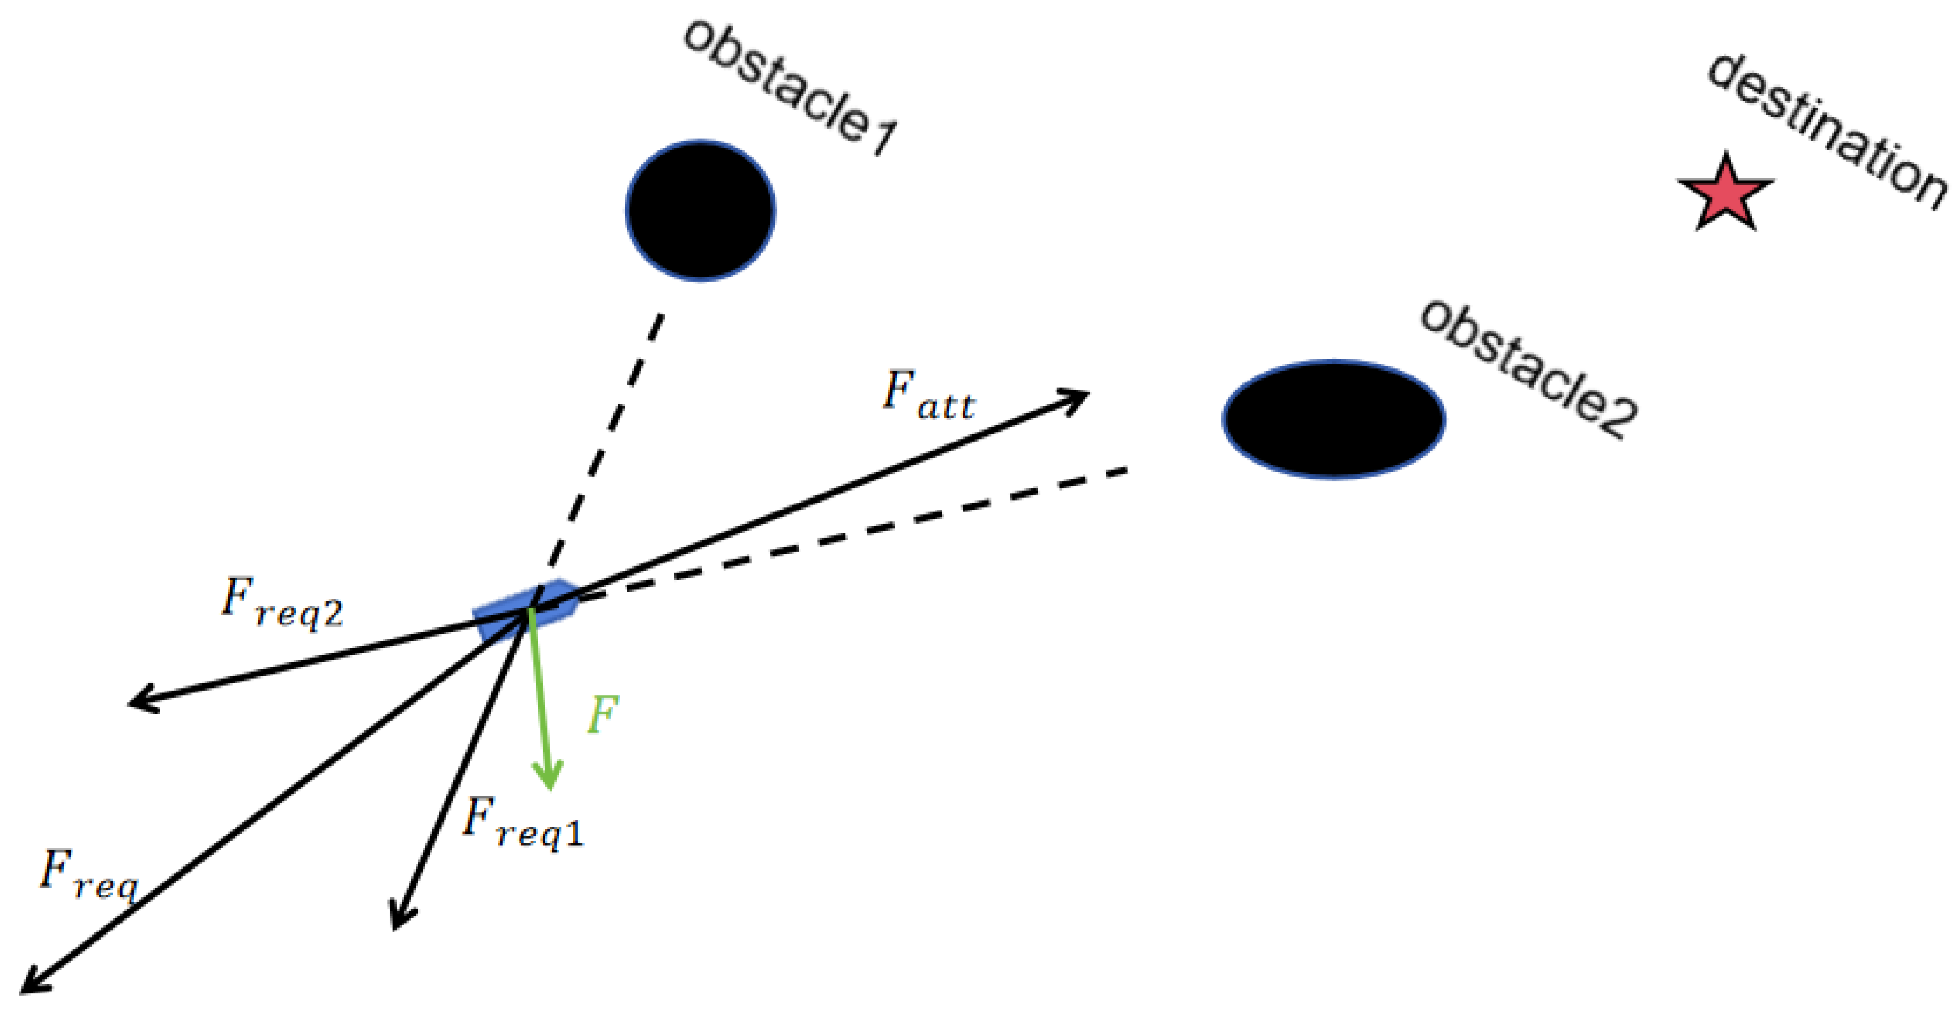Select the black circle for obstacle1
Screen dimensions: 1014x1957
(x=700, y=210)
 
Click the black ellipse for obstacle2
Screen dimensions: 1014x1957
(x=1334, y=419)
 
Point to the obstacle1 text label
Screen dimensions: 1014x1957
(x=790, y=86)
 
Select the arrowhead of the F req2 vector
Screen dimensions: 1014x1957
(x=137, y=701)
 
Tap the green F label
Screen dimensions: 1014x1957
(x=603, y=714)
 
